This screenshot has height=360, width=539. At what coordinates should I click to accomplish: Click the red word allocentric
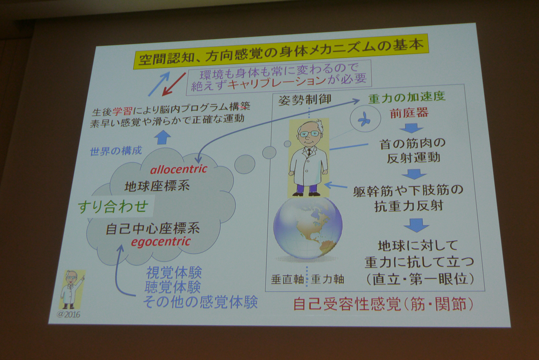[179, 169]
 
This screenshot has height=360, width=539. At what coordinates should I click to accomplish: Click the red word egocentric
[161, 242]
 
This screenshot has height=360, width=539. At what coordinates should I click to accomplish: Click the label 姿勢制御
[304, 100]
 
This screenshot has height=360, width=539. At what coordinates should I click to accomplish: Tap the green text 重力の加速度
[406, 96]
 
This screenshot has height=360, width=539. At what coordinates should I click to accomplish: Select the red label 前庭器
[409, 113]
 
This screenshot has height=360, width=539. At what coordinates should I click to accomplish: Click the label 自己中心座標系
[153, 229]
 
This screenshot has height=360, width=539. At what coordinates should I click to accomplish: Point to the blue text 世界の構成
[116, 151]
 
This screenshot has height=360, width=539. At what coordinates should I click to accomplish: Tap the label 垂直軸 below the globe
[288, 280]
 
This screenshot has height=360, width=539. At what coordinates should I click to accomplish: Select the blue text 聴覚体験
[173, 287]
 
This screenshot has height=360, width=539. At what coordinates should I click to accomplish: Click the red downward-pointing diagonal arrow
[173, 84]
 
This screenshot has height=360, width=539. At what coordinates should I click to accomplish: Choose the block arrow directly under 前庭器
[411, 128]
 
